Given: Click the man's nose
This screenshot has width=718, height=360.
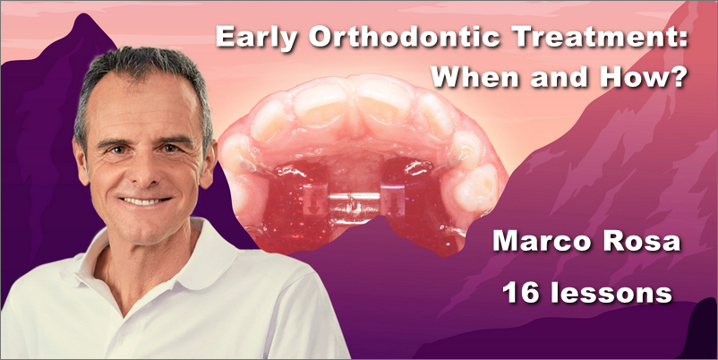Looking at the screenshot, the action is pyautogui.click(x=147, y=173).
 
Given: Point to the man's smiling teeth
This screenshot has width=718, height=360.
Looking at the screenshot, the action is pyautogui.click(x=145, y=201).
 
